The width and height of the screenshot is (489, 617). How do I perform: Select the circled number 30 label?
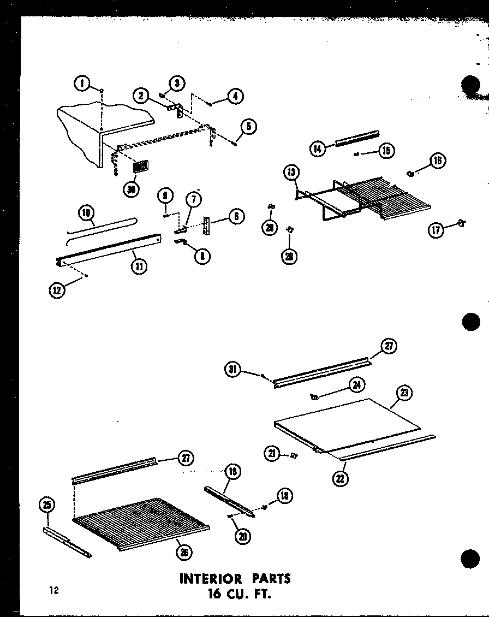(x=130, y=189)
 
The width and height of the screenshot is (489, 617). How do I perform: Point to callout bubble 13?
(x=291, y=173)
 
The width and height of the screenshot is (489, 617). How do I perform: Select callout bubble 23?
(x=405, y=393)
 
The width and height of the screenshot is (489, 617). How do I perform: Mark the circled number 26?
(x=185, y=553)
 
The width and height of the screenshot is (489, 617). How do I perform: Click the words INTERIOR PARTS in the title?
(x=235, y=578)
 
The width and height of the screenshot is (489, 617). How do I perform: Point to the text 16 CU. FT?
(x=235, y=594)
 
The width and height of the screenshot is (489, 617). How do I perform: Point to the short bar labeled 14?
(x=357, y=139)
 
